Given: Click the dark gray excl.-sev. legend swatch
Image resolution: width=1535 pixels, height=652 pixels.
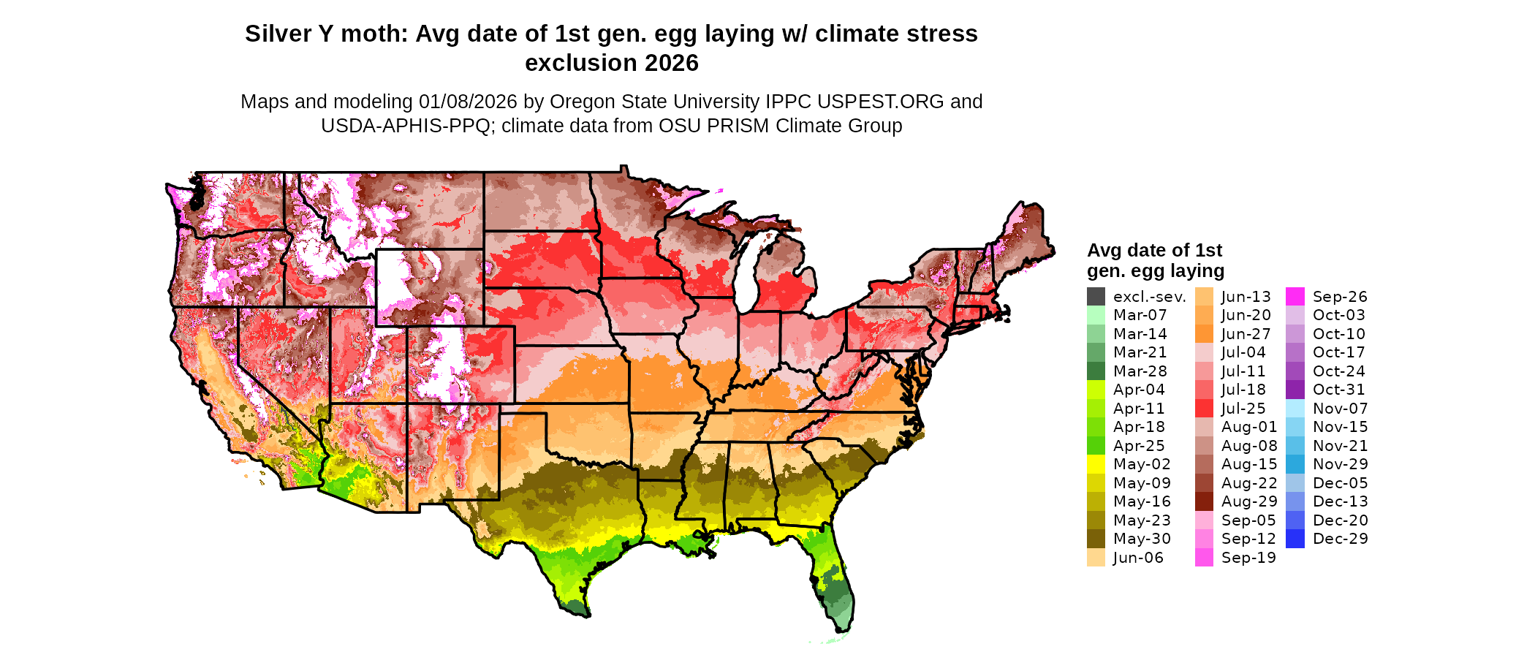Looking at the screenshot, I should point(1096,297).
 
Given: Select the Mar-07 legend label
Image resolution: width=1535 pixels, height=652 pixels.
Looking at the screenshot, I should point(1140,315).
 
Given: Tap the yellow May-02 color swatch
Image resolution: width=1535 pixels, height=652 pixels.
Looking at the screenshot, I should point(1096,464).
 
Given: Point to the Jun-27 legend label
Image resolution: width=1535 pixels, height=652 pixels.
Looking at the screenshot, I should point(1246,334).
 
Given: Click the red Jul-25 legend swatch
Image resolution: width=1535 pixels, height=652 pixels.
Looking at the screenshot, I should point(1204,409).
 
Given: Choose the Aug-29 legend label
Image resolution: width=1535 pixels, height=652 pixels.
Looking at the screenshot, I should point(1249,501).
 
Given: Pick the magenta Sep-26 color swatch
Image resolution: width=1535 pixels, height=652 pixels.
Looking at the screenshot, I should point(1295,297).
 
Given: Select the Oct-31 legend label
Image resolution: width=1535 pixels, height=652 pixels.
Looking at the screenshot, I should point(1338,390).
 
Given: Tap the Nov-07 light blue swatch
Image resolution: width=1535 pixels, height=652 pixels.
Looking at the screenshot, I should point(1295,409).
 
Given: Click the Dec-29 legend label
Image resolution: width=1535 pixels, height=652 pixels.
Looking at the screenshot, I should point(1340,539).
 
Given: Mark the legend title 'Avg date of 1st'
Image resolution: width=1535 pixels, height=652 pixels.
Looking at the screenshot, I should point(1154,251).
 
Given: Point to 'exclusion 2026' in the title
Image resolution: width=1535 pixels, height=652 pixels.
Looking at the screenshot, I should point(611,64).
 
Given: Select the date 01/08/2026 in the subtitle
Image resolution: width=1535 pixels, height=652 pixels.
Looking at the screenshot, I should point(467,102).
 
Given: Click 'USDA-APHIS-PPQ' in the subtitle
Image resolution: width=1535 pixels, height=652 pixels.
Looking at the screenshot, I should point(405,126).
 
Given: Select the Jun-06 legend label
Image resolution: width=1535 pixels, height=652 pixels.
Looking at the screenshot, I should point(1138,558).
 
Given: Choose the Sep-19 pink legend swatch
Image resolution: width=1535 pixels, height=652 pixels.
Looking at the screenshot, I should point(1204,558).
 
